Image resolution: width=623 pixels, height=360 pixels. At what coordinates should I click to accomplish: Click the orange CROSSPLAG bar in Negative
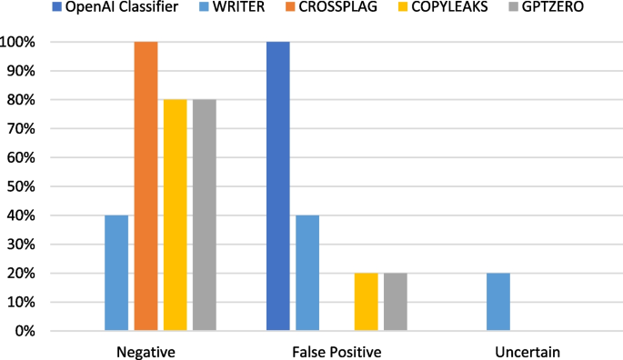pos(146,186)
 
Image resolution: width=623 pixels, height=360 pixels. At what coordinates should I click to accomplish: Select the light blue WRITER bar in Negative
pos(116,273)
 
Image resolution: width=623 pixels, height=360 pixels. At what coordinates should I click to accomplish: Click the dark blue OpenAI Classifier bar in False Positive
pos(278,186)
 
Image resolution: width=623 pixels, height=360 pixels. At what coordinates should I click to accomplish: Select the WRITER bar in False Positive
pos(307,273)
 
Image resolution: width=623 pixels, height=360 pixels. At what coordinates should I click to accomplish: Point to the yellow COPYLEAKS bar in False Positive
pos(366,302)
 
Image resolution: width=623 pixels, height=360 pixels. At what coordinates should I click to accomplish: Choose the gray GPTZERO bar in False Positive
pos(395,302)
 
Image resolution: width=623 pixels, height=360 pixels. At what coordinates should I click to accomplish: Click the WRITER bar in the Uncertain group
pos(498,302)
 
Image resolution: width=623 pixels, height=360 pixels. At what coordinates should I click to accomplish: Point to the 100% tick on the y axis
pos(18,43)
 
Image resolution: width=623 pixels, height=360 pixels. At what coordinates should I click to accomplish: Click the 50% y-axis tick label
pos(22,186)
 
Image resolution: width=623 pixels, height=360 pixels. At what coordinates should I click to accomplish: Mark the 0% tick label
pos(25,331)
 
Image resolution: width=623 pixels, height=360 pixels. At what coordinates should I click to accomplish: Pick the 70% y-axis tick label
pos(22,129)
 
